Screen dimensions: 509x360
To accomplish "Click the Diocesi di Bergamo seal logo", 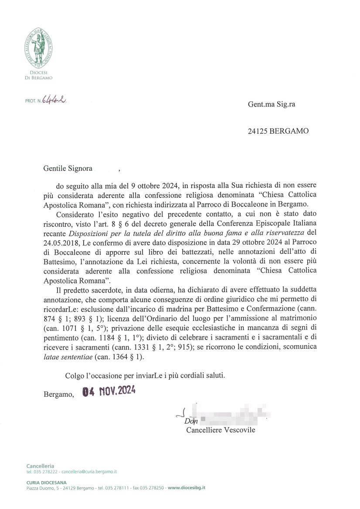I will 38,47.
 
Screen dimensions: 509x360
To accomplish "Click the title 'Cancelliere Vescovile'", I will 221,430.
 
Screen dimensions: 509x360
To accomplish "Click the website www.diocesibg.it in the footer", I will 187,488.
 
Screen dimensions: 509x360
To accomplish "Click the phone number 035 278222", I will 46,472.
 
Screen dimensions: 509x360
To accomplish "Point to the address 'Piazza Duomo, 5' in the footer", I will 41,488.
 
